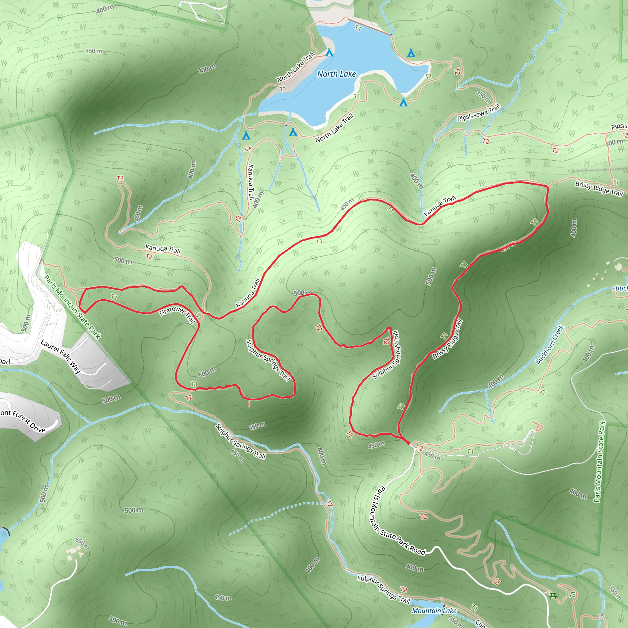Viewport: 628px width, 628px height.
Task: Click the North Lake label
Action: [x=336, y=74]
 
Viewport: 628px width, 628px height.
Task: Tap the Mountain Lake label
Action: [x=434, y=611]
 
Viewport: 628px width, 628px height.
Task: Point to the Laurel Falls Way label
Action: [x=61, y=356]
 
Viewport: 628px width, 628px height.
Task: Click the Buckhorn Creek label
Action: [x=549, y=345]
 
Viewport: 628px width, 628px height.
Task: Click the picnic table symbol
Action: [x=553, y=596]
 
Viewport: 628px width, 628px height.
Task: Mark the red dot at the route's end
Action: [x=408, y=443]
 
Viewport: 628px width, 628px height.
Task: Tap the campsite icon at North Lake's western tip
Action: [x=246, y=135]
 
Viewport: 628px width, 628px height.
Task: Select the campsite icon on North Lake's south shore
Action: [x=404, y=103]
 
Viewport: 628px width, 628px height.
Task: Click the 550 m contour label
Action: [x=82, y=543]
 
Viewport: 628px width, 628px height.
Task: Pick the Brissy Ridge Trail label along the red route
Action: [x=447, y=339]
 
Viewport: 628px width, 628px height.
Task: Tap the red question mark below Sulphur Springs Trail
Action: [x=249, y=404]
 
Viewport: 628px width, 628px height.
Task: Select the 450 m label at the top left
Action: [x=94, y=51]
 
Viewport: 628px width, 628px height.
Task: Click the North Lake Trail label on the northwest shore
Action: [x=296, y=67]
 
